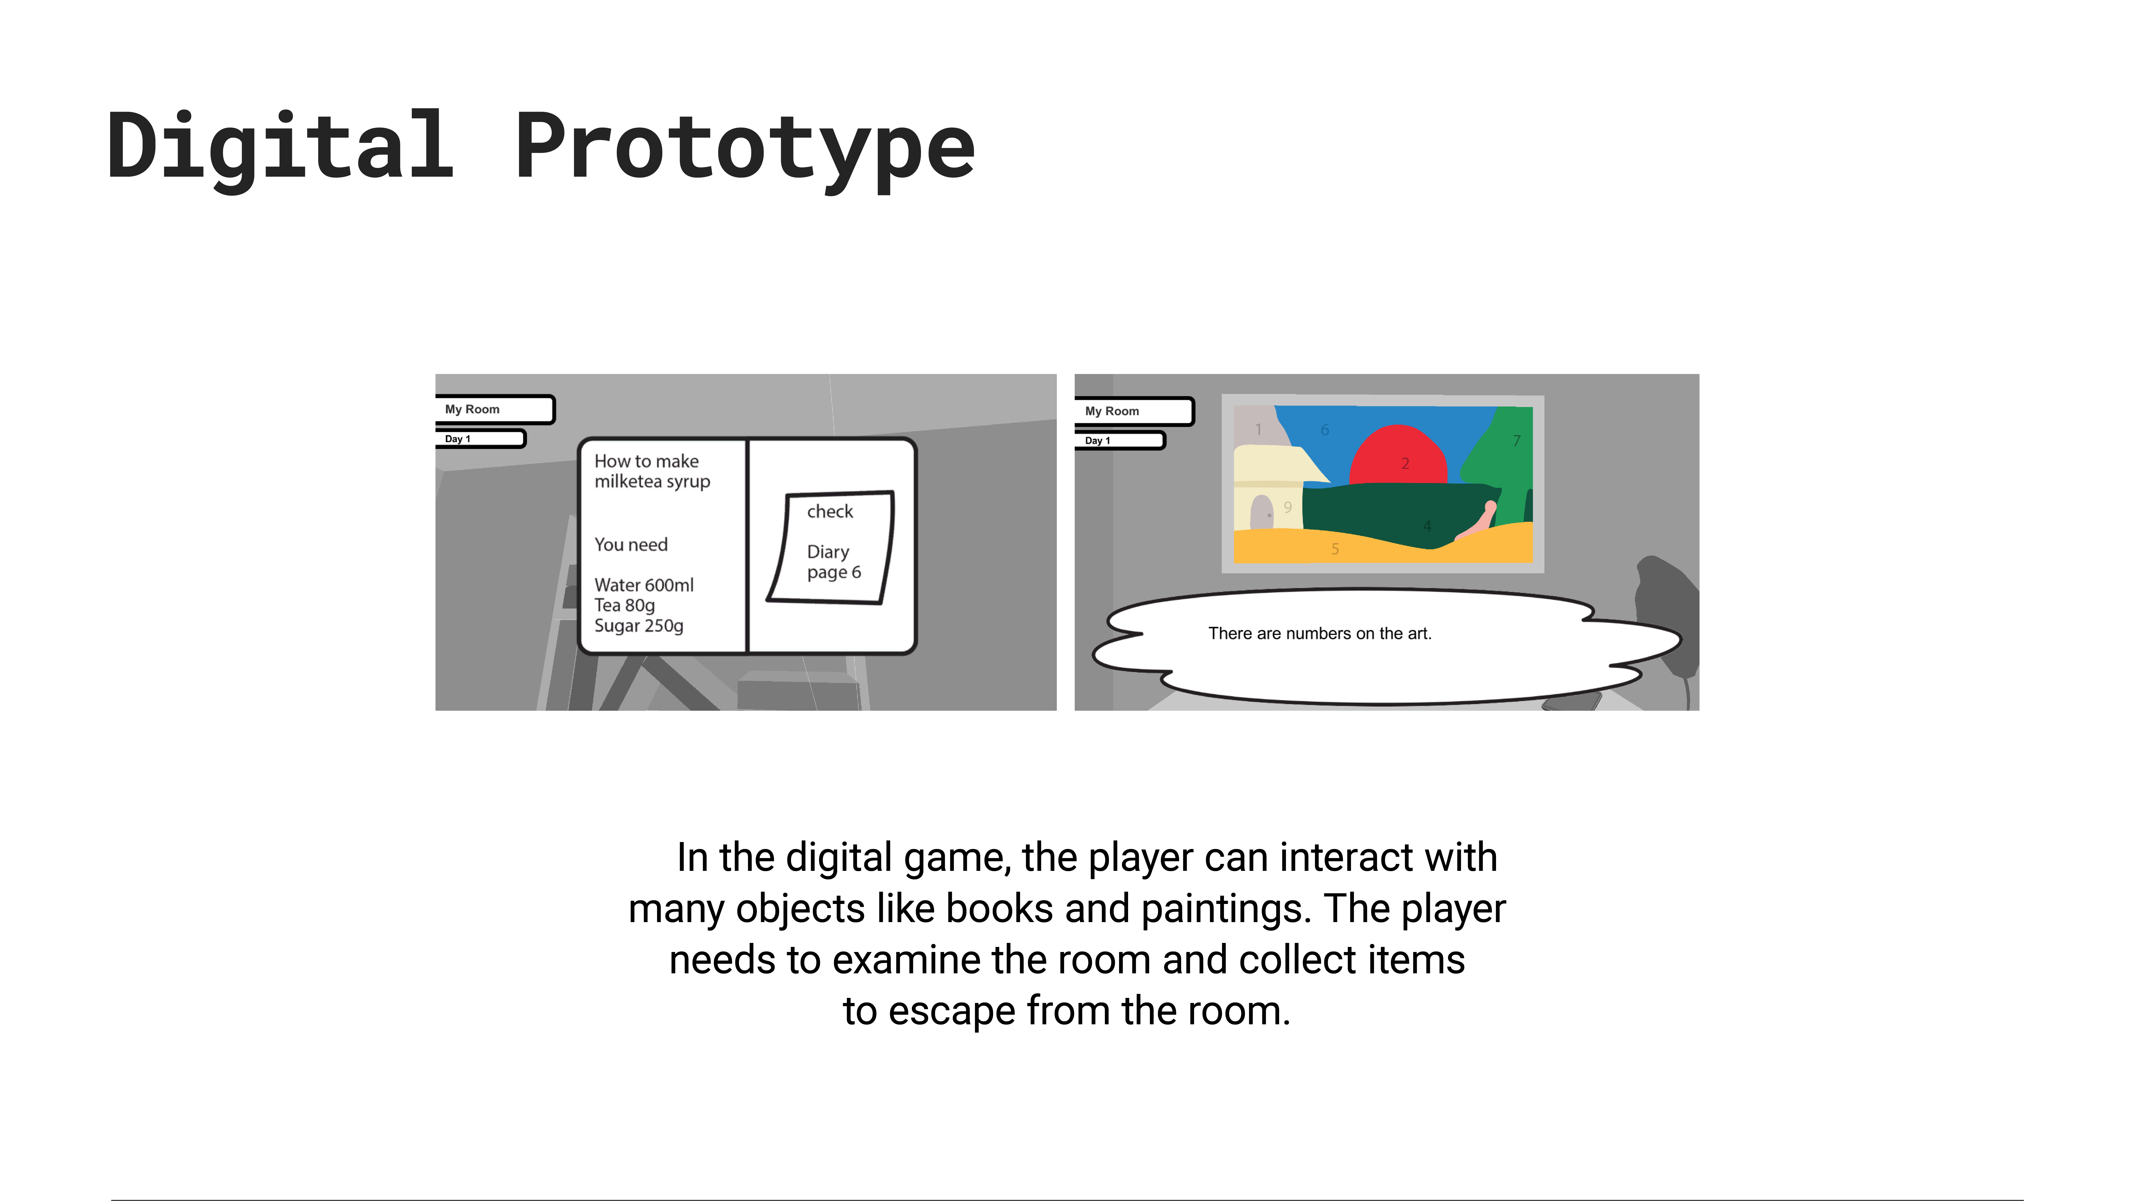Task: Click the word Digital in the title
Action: pyautogui.click(x=280, y=148)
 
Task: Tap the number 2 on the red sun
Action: pyautogui.click(x=1405, y=463)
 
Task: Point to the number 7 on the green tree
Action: pyautogui.click(x=1517, y=441)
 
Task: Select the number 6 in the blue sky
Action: pyautogui.click(x=1325, y=429)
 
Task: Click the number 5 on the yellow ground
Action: pyautogui.click(x=1335, y=549)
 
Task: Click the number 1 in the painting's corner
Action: pyautogui.click(x=1258, y=429)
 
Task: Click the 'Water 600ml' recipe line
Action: pyautogui.click(x=644, y=585)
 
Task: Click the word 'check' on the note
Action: pyautogui.click(x=830, y=511)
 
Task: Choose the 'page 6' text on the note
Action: pyautogui.click(x=834, y=573)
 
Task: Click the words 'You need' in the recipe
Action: pyautogui.click(x=631, y=544)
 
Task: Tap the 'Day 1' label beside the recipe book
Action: pyautogui.click(x=457, y=439)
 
